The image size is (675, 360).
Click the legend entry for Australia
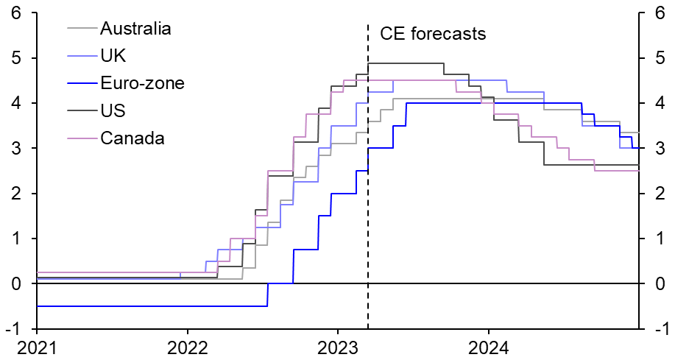pos(135,29)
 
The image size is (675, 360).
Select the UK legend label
pos(112,56)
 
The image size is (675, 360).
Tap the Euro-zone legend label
pos(142,83)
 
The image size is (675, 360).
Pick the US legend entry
pos(113,110)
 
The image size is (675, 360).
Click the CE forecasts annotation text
pos(433,34)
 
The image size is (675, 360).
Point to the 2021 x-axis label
pos(36,346)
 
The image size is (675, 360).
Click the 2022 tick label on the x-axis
pos(187,346)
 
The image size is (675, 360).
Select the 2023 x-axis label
pos(337,346)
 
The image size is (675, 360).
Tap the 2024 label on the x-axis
pos(488,346)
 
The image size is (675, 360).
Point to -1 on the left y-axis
pos(13,329)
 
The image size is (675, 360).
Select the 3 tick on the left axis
pos(16,149)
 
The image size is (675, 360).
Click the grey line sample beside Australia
pos(80,29)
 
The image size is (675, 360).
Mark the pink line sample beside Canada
pos(80,138)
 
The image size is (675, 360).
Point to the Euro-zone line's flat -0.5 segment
pos(147,306)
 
